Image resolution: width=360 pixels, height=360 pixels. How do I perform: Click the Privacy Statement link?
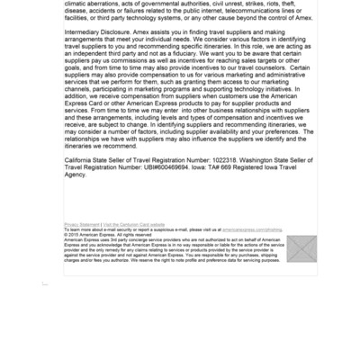point(82,224)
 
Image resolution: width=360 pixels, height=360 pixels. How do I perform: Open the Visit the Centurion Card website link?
point(135,224)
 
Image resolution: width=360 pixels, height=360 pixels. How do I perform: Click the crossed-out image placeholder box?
point(301,248)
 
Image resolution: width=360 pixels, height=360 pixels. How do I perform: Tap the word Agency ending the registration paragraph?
point(76,175)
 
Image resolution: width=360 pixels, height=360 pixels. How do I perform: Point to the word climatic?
point(79,4)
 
